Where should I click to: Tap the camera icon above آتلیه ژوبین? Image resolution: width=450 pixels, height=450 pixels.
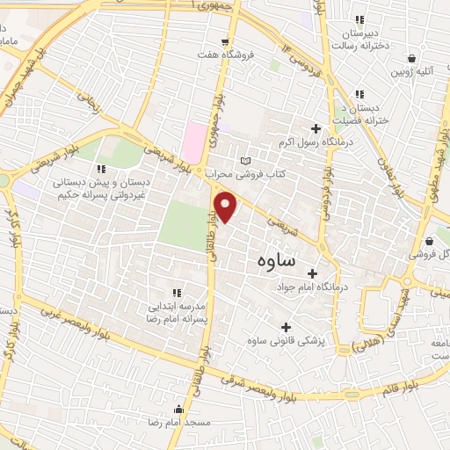410,58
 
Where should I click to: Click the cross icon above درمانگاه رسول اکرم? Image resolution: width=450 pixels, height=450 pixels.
315,129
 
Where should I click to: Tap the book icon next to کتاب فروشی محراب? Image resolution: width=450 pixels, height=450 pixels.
245,161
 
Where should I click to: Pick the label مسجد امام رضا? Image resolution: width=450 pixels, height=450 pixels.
181,422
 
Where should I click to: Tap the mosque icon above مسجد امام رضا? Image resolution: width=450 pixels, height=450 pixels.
179,409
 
